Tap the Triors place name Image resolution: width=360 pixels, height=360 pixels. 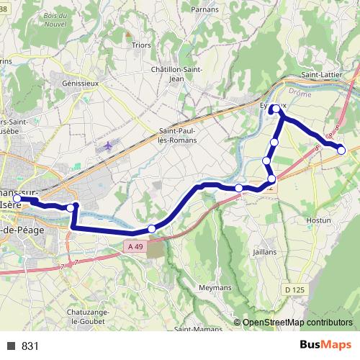pos(141,44)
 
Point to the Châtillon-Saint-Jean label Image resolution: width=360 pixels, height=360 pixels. pos(177,74)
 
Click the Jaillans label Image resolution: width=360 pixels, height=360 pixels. pos(265,252)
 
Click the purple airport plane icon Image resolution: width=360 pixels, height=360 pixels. pos(108,145)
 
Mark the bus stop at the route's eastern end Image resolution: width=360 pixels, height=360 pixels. pos(341,150)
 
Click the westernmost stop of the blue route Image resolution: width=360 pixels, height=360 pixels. pos(17,199)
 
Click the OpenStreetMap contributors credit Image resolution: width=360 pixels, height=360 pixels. pos(297,322)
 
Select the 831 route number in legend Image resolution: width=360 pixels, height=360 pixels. pos(30,346)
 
